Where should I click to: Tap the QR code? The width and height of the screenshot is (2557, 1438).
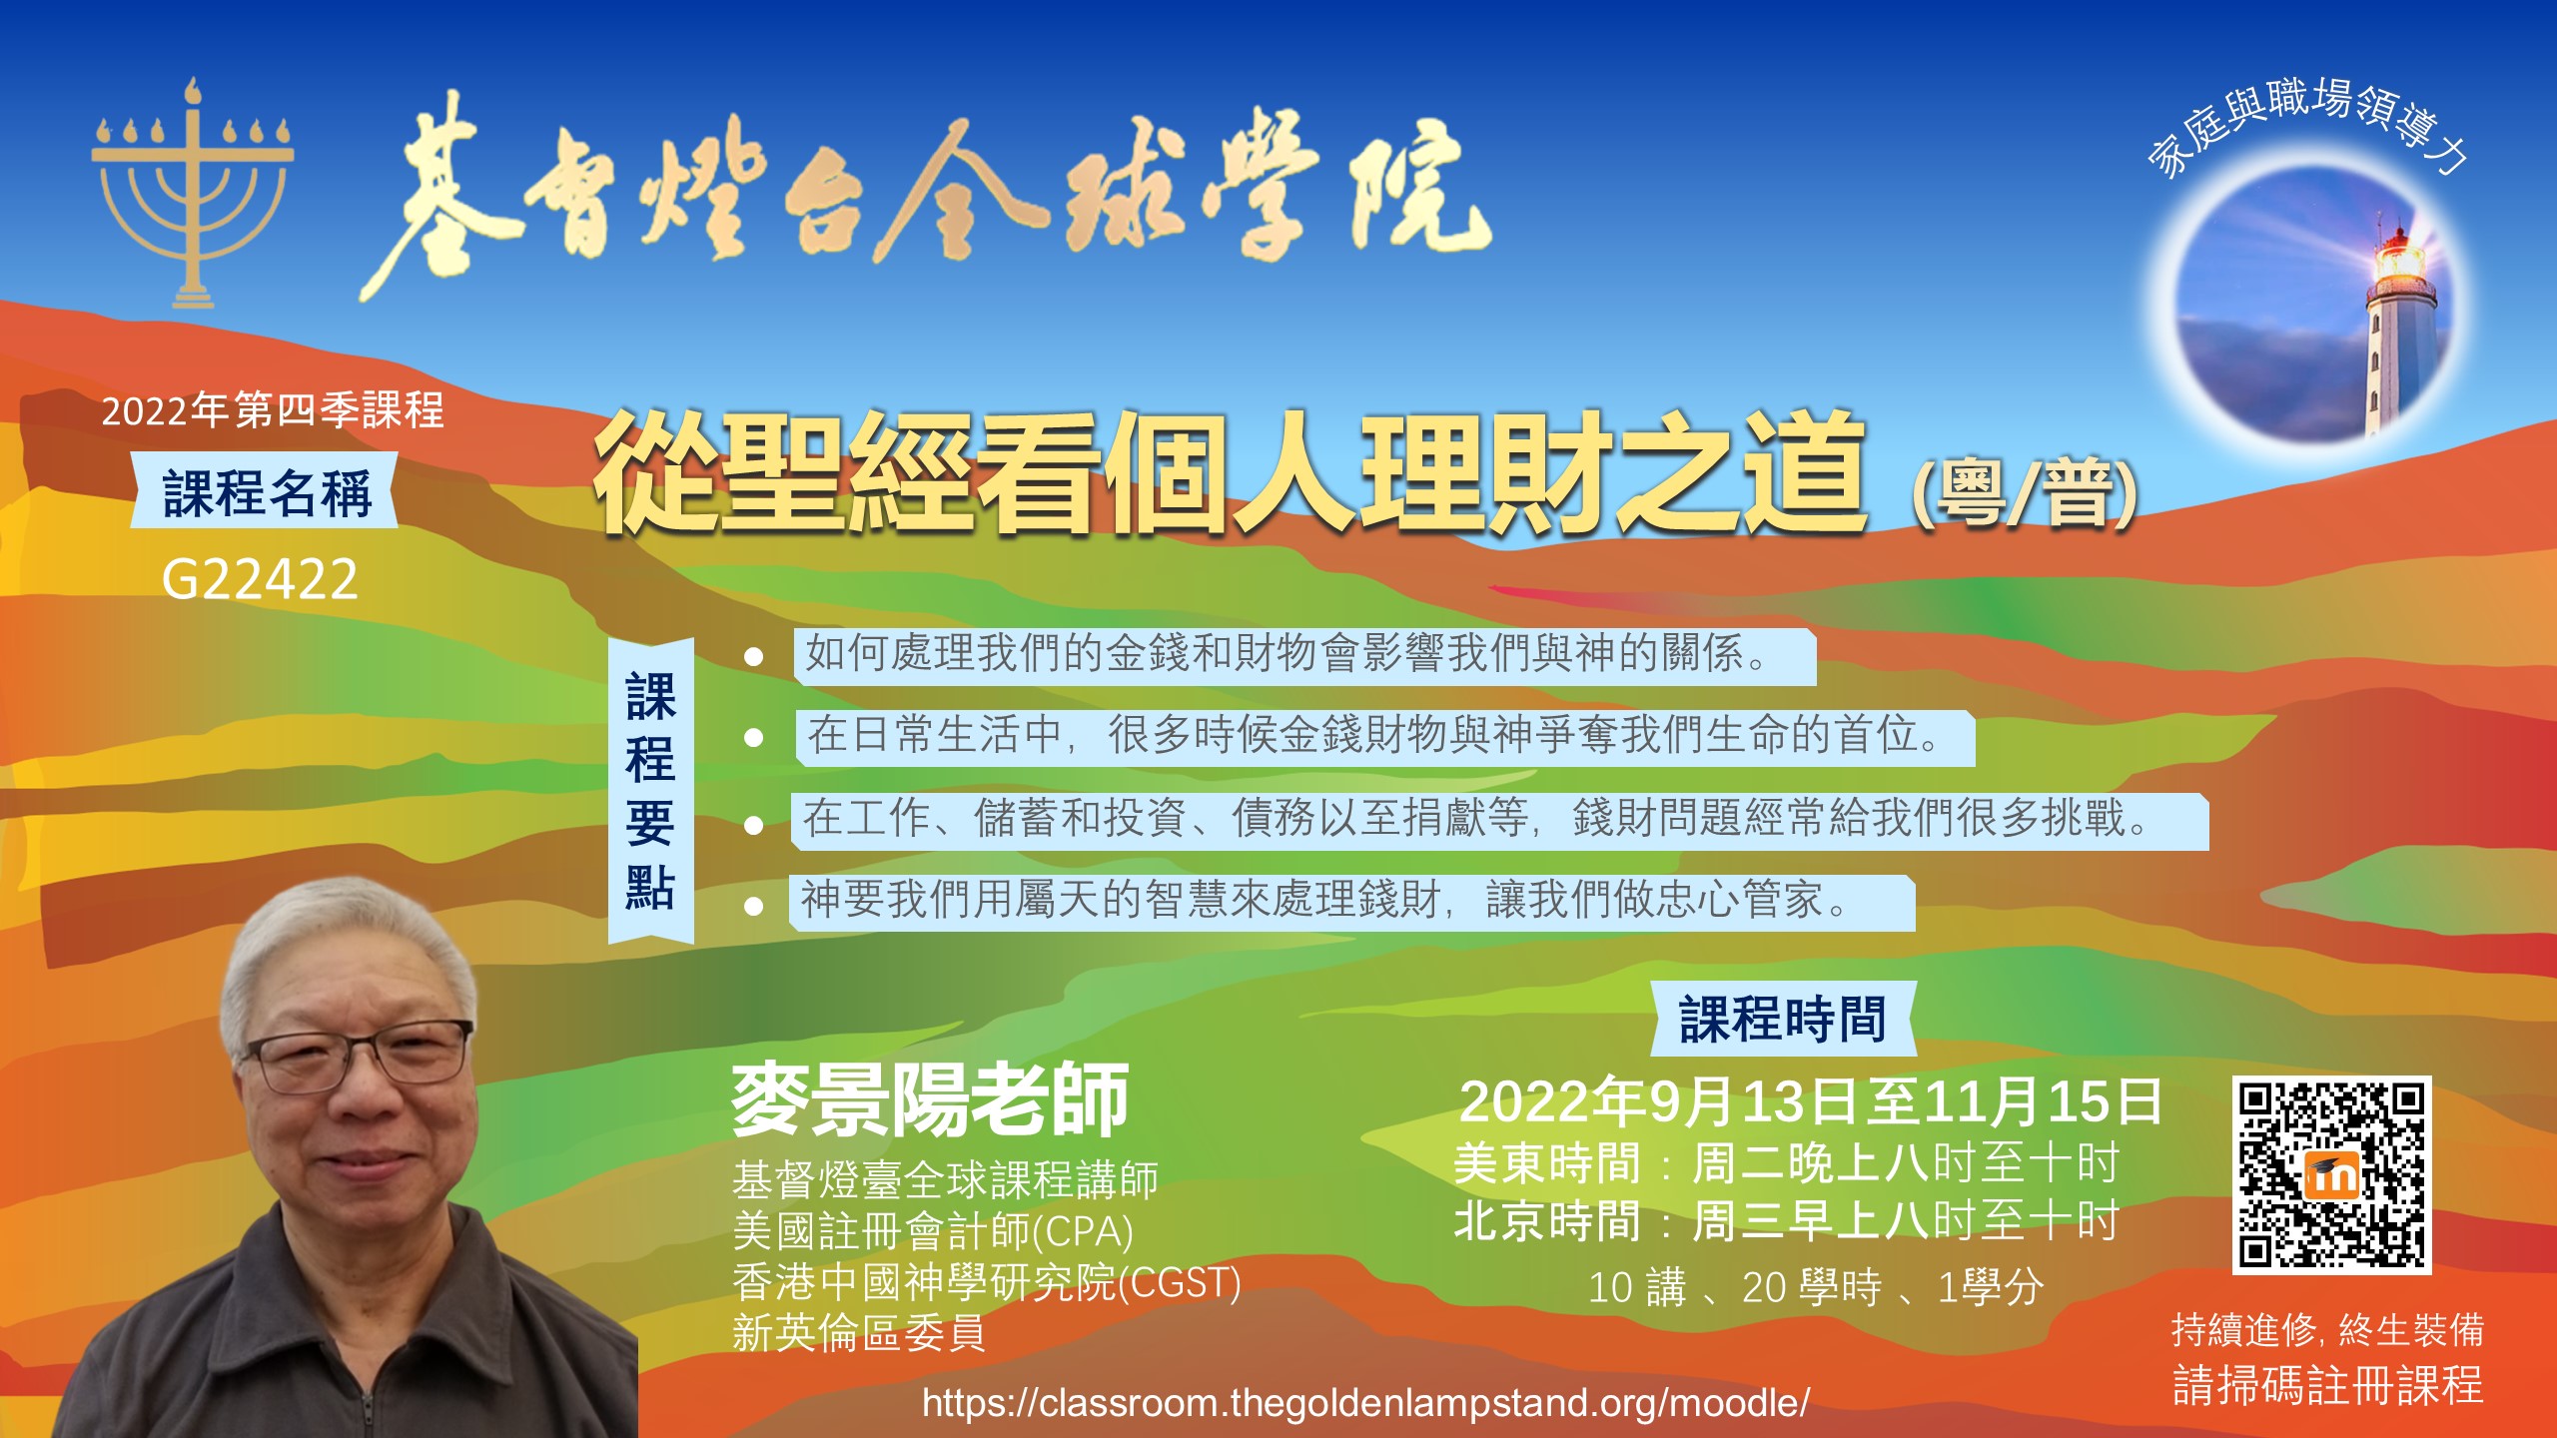2331,1174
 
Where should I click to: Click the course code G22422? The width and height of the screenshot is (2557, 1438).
260,579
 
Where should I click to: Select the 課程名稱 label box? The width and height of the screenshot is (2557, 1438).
266,491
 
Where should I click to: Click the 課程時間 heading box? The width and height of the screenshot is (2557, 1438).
1783,1019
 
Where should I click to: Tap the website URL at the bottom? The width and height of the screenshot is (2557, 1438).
1365,1403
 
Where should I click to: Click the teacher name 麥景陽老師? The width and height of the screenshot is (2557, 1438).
930,1099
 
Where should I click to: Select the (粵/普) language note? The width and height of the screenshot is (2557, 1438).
2025,492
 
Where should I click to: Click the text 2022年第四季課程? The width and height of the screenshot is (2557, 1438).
273,410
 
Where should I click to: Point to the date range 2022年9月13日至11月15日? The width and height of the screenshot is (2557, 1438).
1810,1101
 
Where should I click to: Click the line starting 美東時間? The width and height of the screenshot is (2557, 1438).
1786,1163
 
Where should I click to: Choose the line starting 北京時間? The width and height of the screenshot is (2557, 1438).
1786,1220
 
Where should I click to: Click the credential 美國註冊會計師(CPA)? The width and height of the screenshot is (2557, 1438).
933,1231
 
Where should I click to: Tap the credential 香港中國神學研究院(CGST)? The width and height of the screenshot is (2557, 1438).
987,1282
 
